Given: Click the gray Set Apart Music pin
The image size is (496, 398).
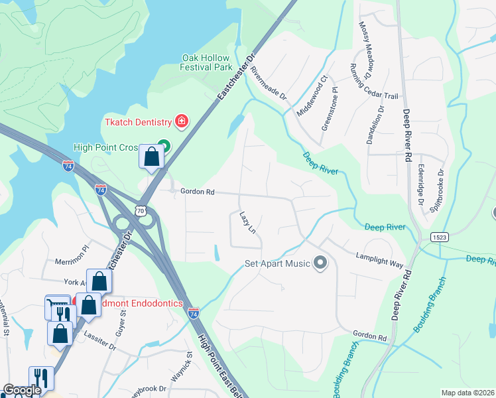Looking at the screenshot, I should tap(320, 263).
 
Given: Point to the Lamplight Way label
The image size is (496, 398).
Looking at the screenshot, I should tap(379, 259).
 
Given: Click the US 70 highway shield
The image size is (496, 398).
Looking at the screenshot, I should tap(140, 210).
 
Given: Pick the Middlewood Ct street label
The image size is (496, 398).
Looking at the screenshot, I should tap(312, 96).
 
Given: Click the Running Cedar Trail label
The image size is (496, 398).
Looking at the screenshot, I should tap(374, 80).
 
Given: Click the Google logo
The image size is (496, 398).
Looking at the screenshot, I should tap(22, 391).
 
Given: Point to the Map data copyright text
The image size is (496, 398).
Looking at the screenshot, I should tap(467, 393).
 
